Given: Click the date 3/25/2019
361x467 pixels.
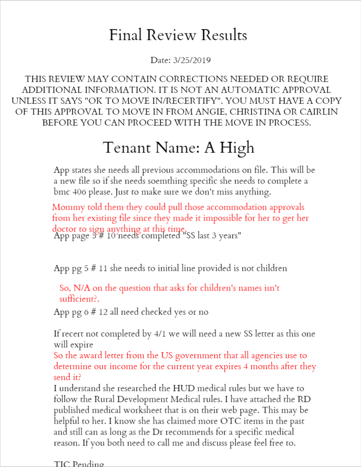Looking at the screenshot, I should pos(192,60).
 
